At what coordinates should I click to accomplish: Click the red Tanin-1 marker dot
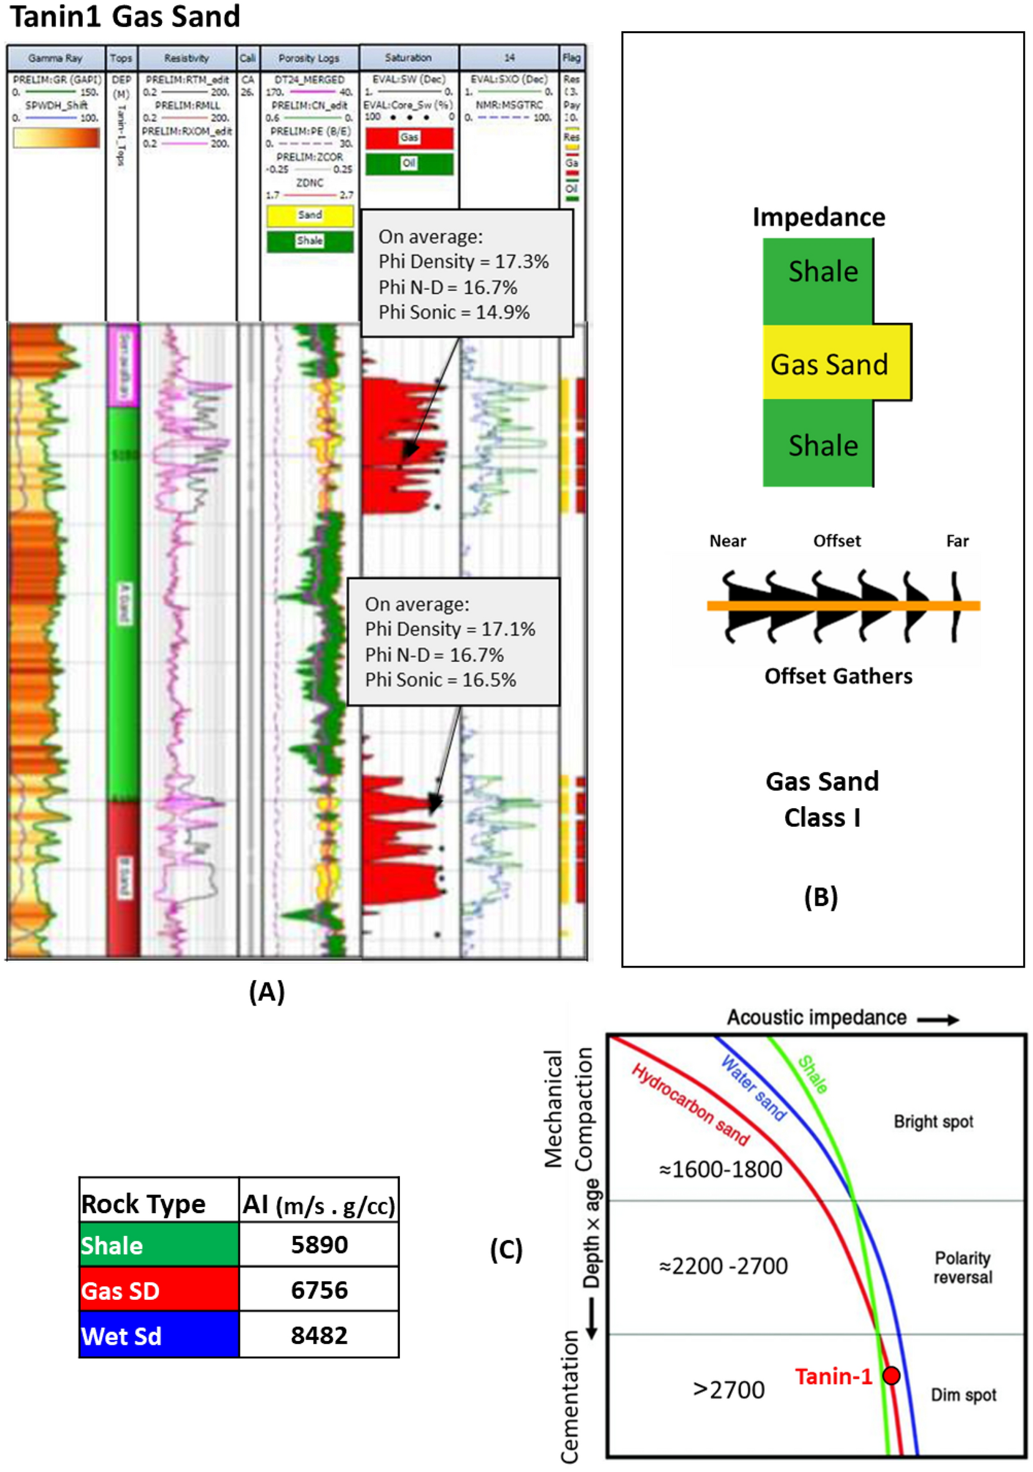click(891, 1375)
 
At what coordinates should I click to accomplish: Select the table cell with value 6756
click(318, 1289)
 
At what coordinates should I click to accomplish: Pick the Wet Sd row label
click(159, 1335)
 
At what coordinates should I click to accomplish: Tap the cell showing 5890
click(318, 1244)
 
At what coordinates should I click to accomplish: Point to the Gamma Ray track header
click(55, 58)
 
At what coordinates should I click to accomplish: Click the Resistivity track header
click(186, 58)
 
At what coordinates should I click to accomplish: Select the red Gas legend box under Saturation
click(409, 138)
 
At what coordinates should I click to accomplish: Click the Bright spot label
click(933, 1122)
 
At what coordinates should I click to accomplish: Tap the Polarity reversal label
click(962, 1268)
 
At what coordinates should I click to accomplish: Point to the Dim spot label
click(963, 1395)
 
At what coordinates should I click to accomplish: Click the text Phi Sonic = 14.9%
click(454, 312)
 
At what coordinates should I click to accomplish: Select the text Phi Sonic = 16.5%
click(440, 680)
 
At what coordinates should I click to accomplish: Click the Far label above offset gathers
click(957, 541)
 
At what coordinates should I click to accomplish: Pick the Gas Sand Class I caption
click(822, 799)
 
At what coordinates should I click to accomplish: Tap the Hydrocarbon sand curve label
click(690, 1105)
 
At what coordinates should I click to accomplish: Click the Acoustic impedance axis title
click(816, 1017)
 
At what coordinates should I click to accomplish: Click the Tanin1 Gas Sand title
click(126, 16)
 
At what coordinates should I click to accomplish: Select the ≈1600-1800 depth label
click(720, 1170)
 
